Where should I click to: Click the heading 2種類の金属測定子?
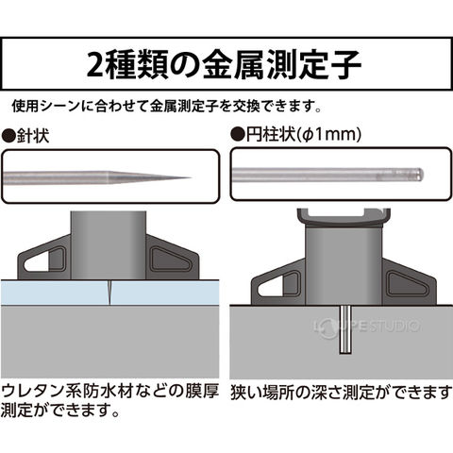224,64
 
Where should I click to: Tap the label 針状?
33,136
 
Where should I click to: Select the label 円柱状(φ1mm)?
304,135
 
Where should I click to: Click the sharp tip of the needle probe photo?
191,177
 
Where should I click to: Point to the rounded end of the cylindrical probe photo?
421,174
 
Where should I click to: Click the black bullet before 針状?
8,136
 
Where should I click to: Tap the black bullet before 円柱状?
238,135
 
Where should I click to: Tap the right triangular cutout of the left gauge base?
170,260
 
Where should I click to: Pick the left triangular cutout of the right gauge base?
278,285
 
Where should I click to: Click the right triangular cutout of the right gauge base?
408,285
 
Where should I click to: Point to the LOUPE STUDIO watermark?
367,327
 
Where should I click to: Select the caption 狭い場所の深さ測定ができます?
342,393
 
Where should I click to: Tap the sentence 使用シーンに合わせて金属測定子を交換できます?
167,106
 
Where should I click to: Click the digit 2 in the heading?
95,65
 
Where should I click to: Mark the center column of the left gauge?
109,245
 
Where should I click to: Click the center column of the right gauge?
344,265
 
